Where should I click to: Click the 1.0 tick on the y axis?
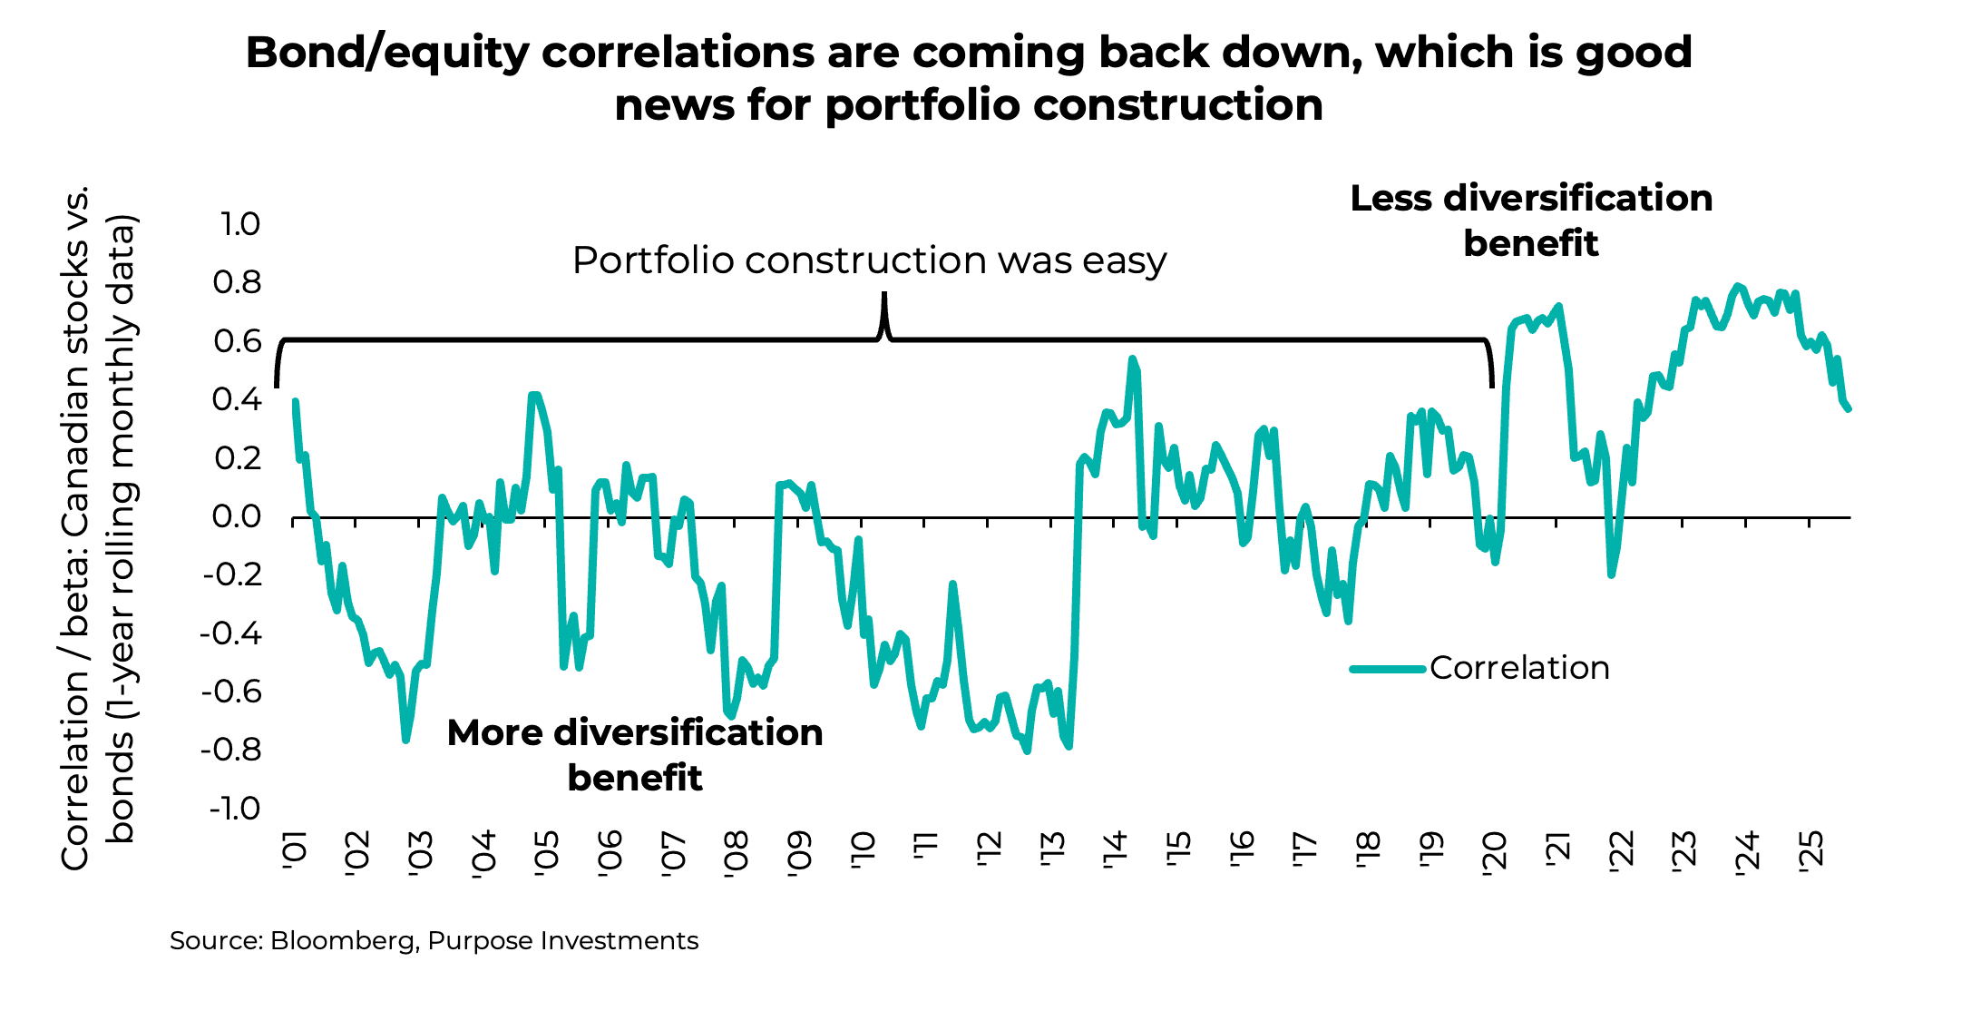click(x=240, y=224)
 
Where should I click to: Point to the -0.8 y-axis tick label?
click(x=231, y=750)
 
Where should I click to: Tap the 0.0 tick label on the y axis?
click(x=237, y=517)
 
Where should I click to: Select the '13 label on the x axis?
click(x=1052, y=851)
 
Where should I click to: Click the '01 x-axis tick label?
click(x=295, y=851)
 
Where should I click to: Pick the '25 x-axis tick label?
click(x=1810, y=851)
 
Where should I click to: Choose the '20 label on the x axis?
click(x=1494, y=851)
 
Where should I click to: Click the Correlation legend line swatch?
click(x=1386, y=669)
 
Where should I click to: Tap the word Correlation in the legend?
click(x=1519, y=668)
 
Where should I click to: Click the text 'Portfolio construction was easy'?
click(x=869, y=260)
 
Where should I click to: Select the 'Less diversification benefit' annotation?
click(x=1531, y=221)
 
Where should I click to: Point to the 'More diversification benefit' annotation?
click(x=635, y=755)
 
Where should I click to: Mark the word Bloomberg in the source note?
click(x=342, y=940)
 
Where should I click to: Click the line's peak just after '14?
click(x=1132, y=359)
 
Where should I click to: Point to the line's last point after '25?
click(x=1849, y=409)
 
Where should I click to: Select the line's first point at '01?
click(x=296, y=402)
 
